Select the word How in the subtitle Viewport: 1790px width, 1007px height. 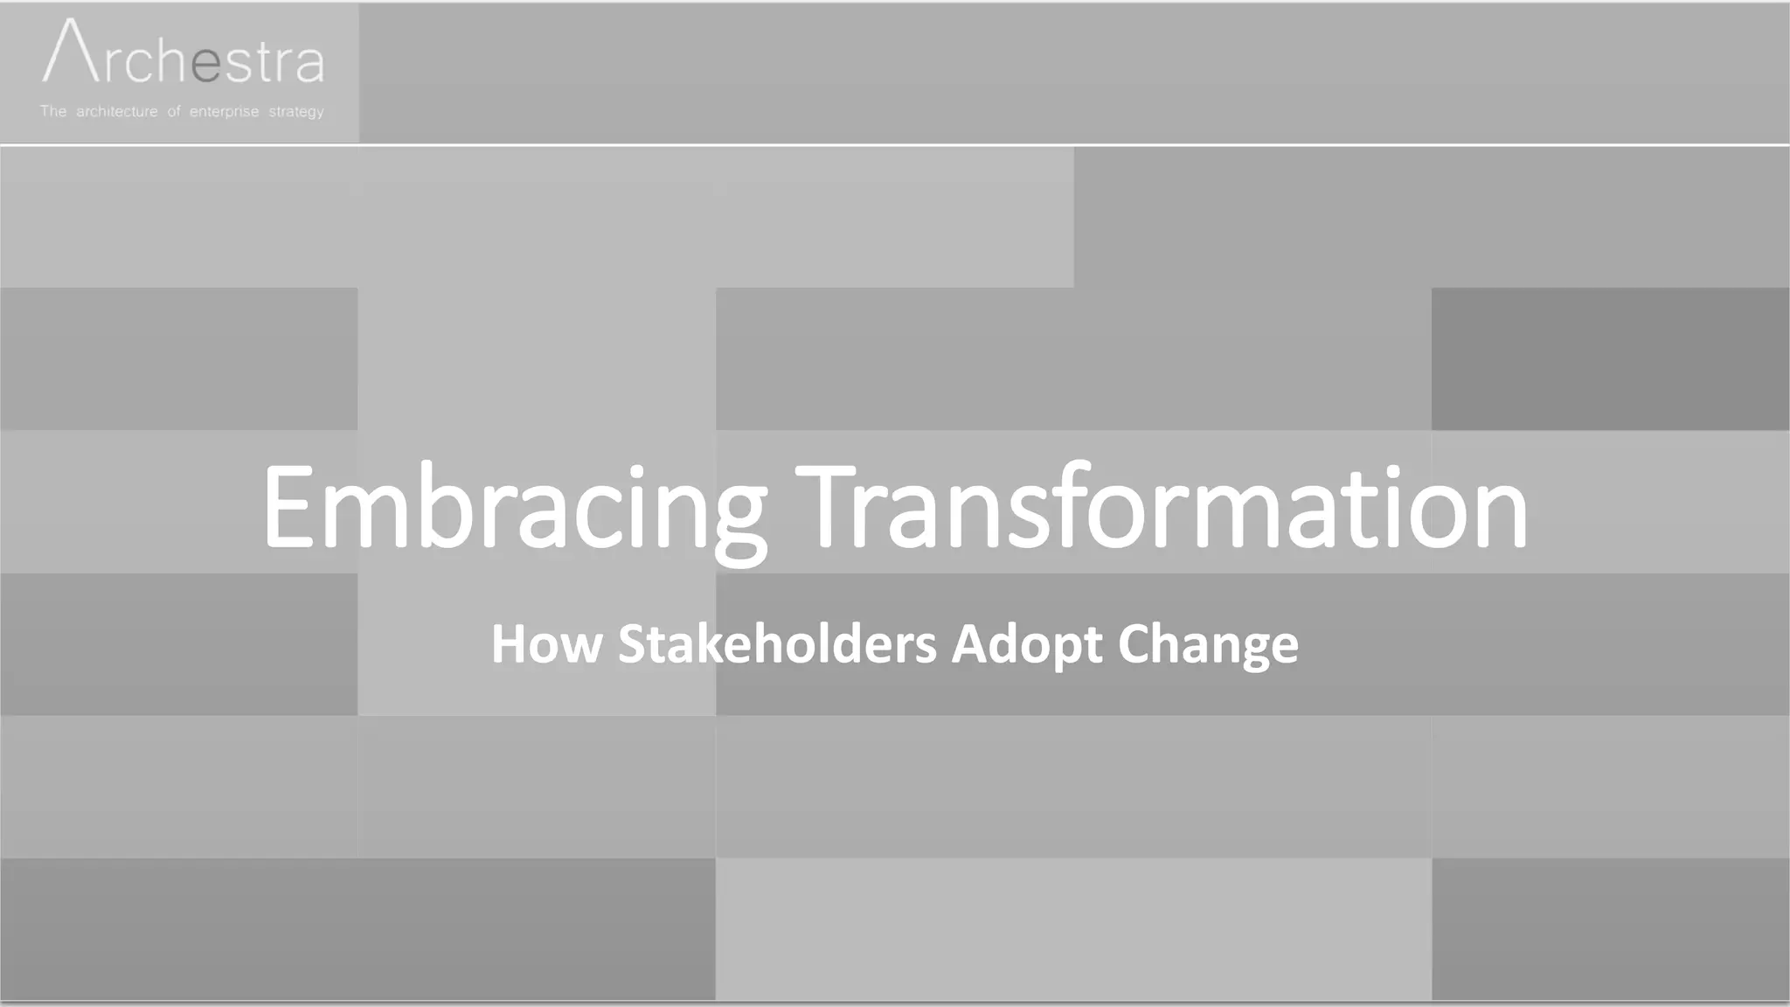pyautogui.click(x=546, y=644)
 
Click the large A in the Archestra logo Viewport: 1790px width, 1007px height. pyautogui.click(x=69, y=52)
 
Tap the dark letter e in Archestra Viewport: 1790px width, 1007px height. pyautogui.click(x=206, y=65)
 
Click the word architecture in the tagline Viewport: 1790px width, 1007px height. pyautogui.click(x=117, y=112)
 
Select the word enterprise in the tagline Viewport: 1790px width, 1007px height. pyautogui.click(x=224, y=112)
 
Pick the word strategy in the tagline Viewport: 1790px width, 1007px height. pyautogui.click(x=296, y=112)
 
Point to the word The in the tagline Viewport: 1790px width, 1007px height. pyautogui.click(x=52, y=111)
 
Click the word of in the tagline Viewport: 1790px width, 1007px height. pyautogui.click(x=174, y=111)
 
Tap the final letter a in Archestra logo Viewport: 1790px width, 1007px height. pyautogui.click(x=309, y=66)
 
